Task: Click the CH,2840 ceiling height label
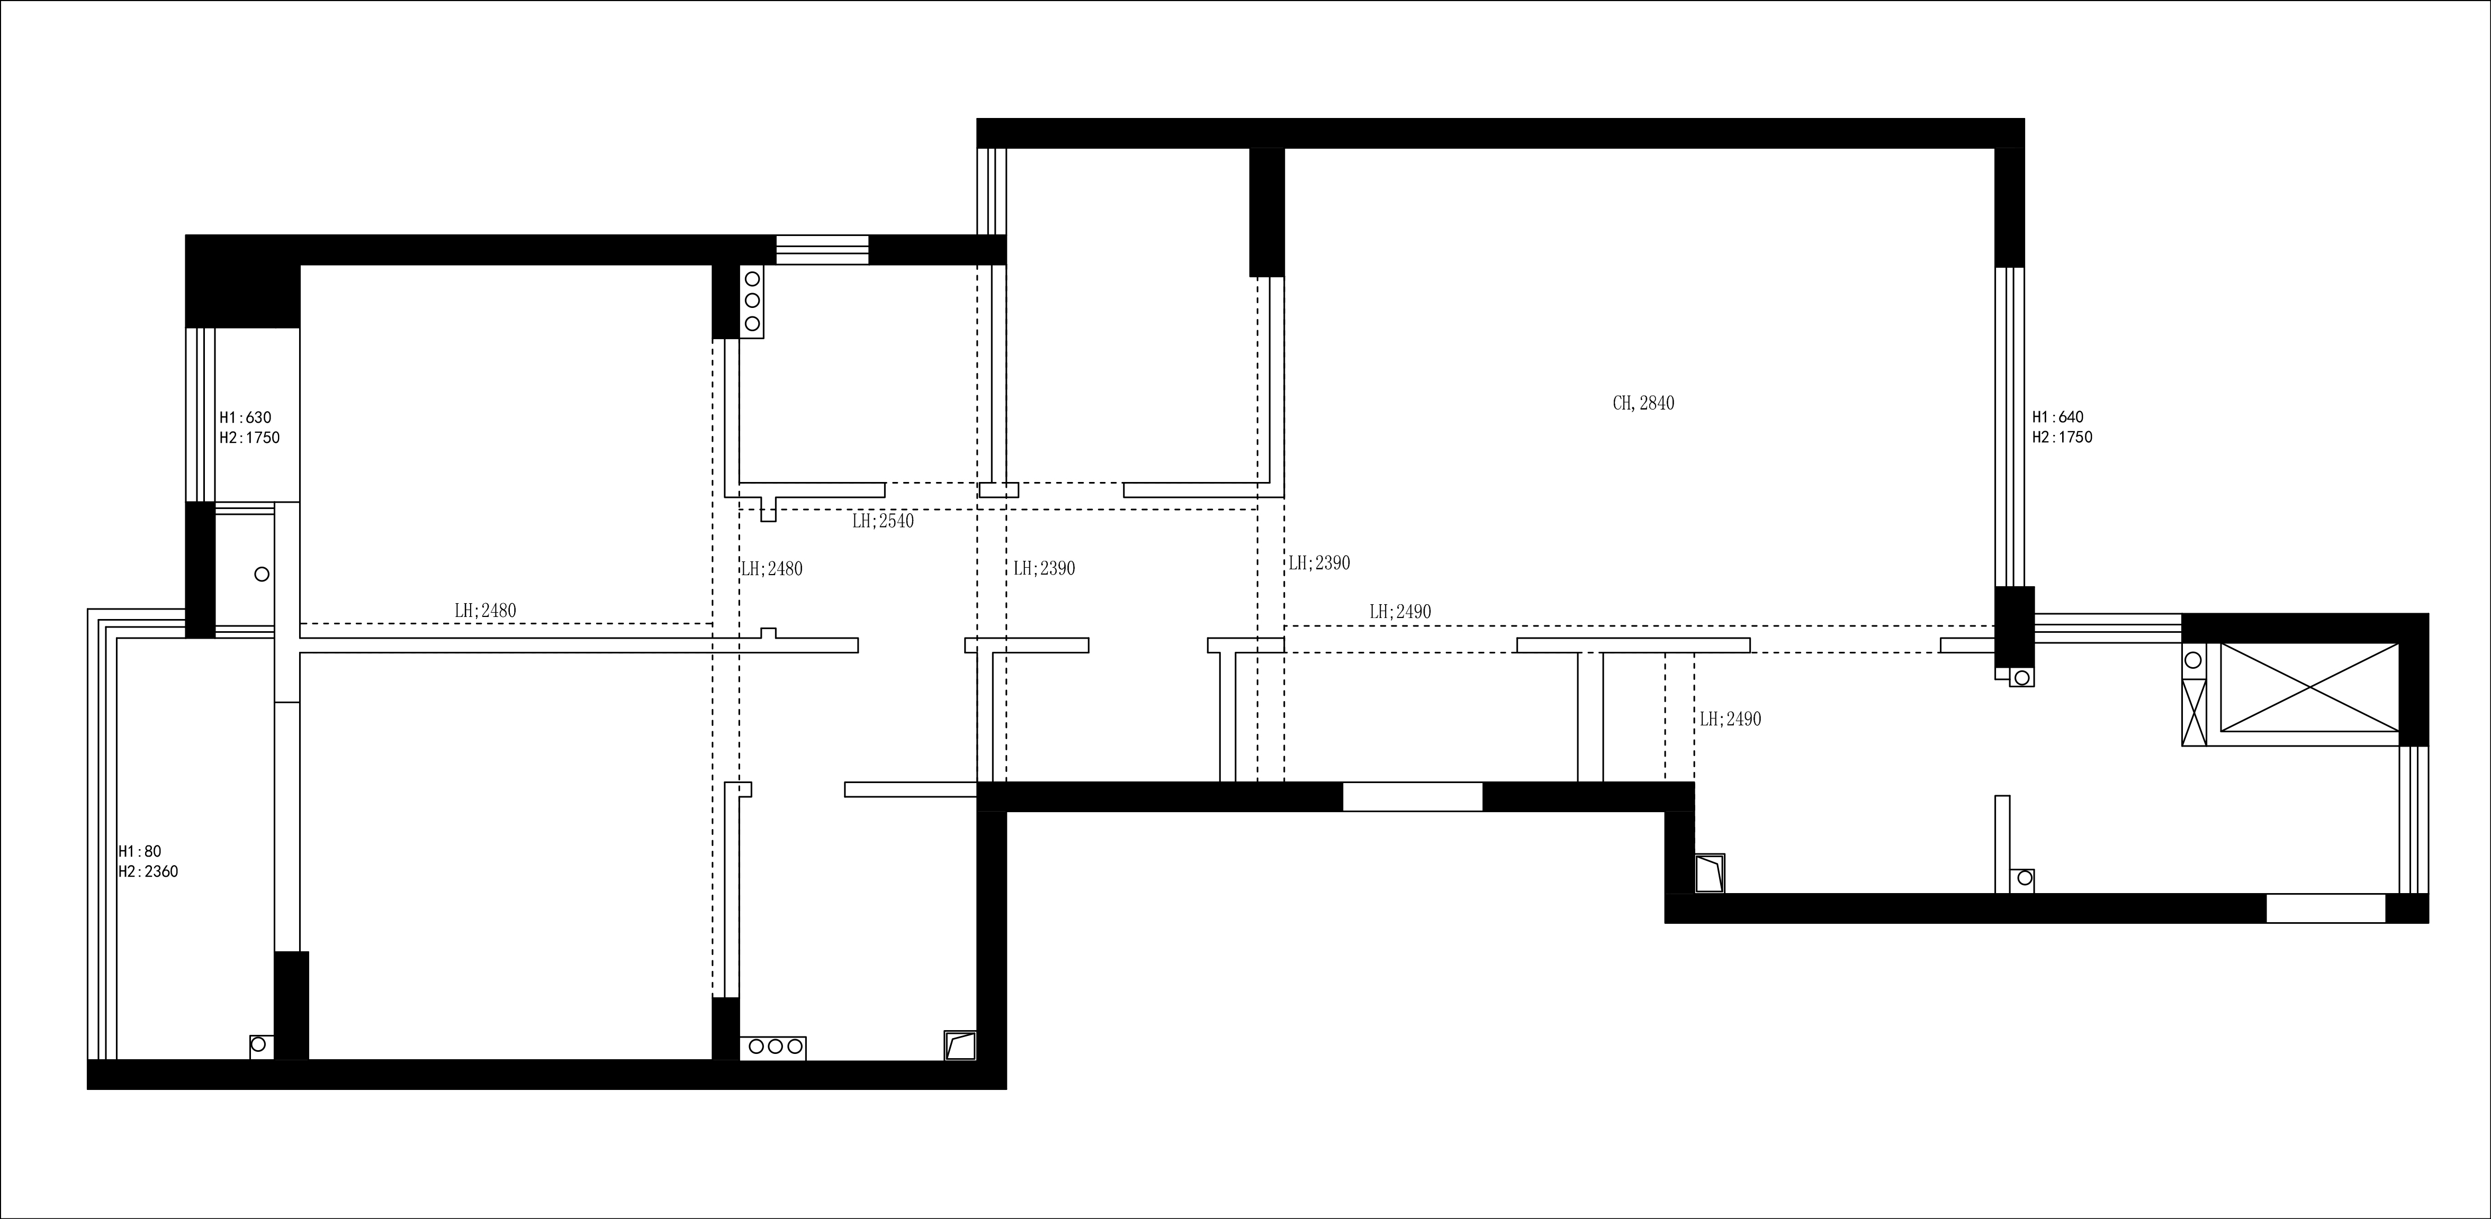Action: (1643, 403)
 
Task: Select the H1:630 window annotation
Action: (246, 417)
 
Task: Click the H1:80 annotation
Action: (139, 852)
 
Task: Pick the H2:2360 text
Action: (148, 871)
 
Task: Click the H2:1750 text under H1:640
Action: (2062, 437)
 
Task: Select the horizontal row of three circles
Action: (772, 1046)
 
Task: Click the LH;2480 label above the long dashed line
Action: (485, 611)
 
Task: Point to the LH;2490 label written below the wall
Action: (1730, 719)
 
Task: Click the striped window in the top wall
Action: (822, 249)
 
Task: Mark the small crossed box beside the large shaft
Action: (2194, 711)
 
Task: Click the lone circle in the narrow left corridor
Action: (261, 574)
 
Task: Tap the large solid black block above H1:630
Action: (242, 280)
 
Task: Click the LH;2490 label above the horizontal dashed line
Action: (1400, 612)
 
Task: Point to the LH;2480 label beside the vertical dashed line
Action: (772, 569)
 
